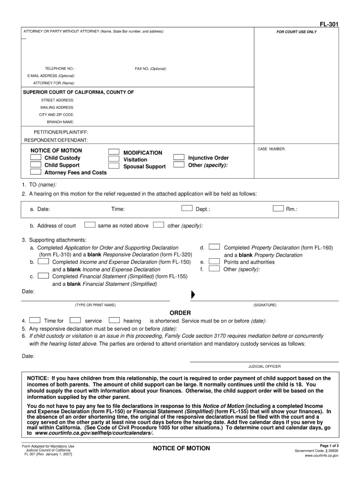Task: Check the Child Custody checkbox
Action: [36, 158]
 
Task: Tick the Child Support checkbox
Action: [36, 165]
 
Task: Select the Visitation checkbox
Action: [113, 159]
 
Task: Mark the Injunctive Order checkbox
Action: [179, 158]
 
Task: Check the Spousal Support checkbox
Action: [113, 166]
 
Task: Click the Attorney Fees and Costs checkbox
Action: [36, 172]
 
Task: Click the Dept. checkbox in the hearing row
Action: [187, 208]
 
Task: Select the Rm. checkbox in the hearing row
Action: [277, 208]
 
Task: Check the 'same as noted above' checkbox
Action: [90, 225]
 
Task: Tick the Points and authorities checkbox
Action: [214, 261]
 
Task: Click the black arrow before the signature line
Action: [193, 295]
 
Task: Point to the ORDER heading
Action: [180, 312]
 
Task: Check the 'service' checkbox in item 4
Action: [75, 320]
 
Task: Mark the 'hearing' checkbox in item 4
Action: [114, 320]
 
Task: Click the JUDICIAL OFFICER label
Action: [265, 366]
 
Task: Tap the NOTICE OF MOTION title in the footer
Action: [181, 449]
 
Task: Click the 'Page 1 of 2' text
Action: [329, 445]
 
